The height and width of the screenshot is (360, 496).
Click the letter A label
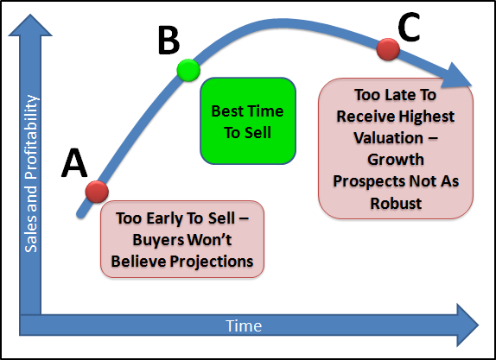74,162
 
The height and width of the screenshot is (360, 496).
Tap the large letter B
169,40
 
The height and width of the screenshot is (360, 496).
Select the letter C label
409,27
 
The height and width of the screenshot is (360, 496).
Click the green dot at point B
188,70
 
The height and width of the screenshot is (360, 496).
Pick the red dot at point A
97,192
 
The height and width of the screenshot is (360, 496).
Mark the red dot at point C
388,49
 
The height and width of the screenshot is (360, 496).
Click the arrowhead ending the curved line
455,77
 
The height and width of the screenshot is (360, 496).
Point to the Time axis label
244,325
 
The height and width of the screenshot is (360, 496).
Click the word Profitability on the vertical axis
32,136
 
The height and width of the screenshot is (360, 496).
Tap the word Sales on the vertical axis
31,235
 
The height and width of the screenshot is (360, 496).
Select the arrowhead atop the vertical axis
30,25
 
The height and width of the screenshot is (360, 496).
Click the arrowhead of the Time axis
467,325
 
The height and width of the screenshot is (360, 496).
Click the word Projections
212,262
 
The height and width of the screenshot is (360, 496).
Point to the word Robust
396,203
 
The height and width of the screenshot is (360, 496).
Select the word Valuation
388,138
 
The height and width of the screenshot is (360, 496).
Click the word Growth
396,160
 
